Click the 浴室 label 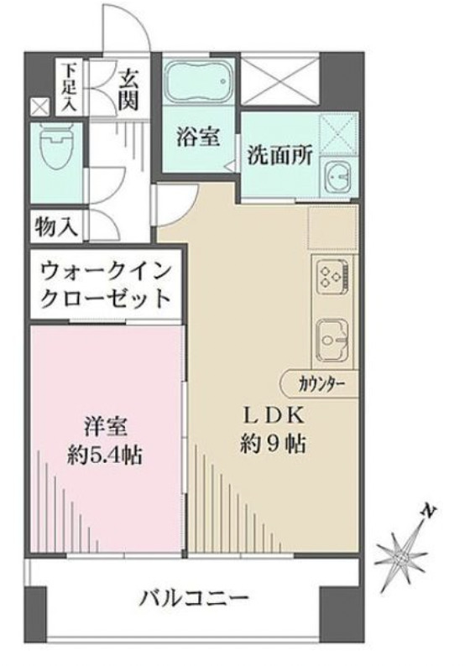(200, 137)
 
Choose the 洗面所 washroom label (279, 155)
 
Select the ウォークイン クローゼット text (105, 284)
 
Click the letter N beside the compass (430, 511)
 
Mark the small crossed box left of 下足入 (39, 107)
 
